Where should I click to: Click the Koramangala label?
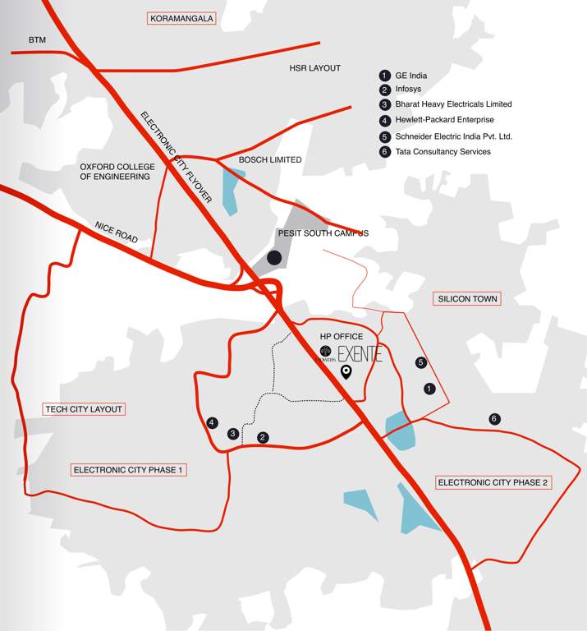click(x=181, y=17)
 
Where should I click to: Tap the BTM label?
click(x=38, y=39)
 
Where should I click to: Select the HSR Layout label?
click(x=314, y=68)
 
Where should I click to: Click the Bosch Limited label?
click(x=270, y=159)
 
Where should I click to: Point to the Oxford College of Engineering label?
click(x=115, y=171)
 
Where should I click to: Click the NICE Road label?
click(x=116, y=233)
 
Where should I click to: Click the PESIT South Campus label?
click(x=323, y=233)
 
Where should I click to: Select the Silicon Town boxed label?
click(x=467, y=299)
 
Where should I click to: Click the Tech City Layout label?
click(x=84, y=409)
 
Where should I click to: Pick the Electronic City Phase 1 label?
click(x=130, y=470)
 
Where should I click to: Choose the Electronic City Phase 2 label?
click(x=493, y=482)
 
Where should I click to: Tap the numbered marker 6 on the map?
click(x=493, y=419)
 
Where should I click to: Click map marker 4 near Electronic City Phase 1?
click(x=212, y=423)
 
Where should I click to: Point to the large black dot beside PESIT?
click(x=274, y=258)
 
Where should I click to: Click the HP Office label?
click(x=341, y=337)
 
